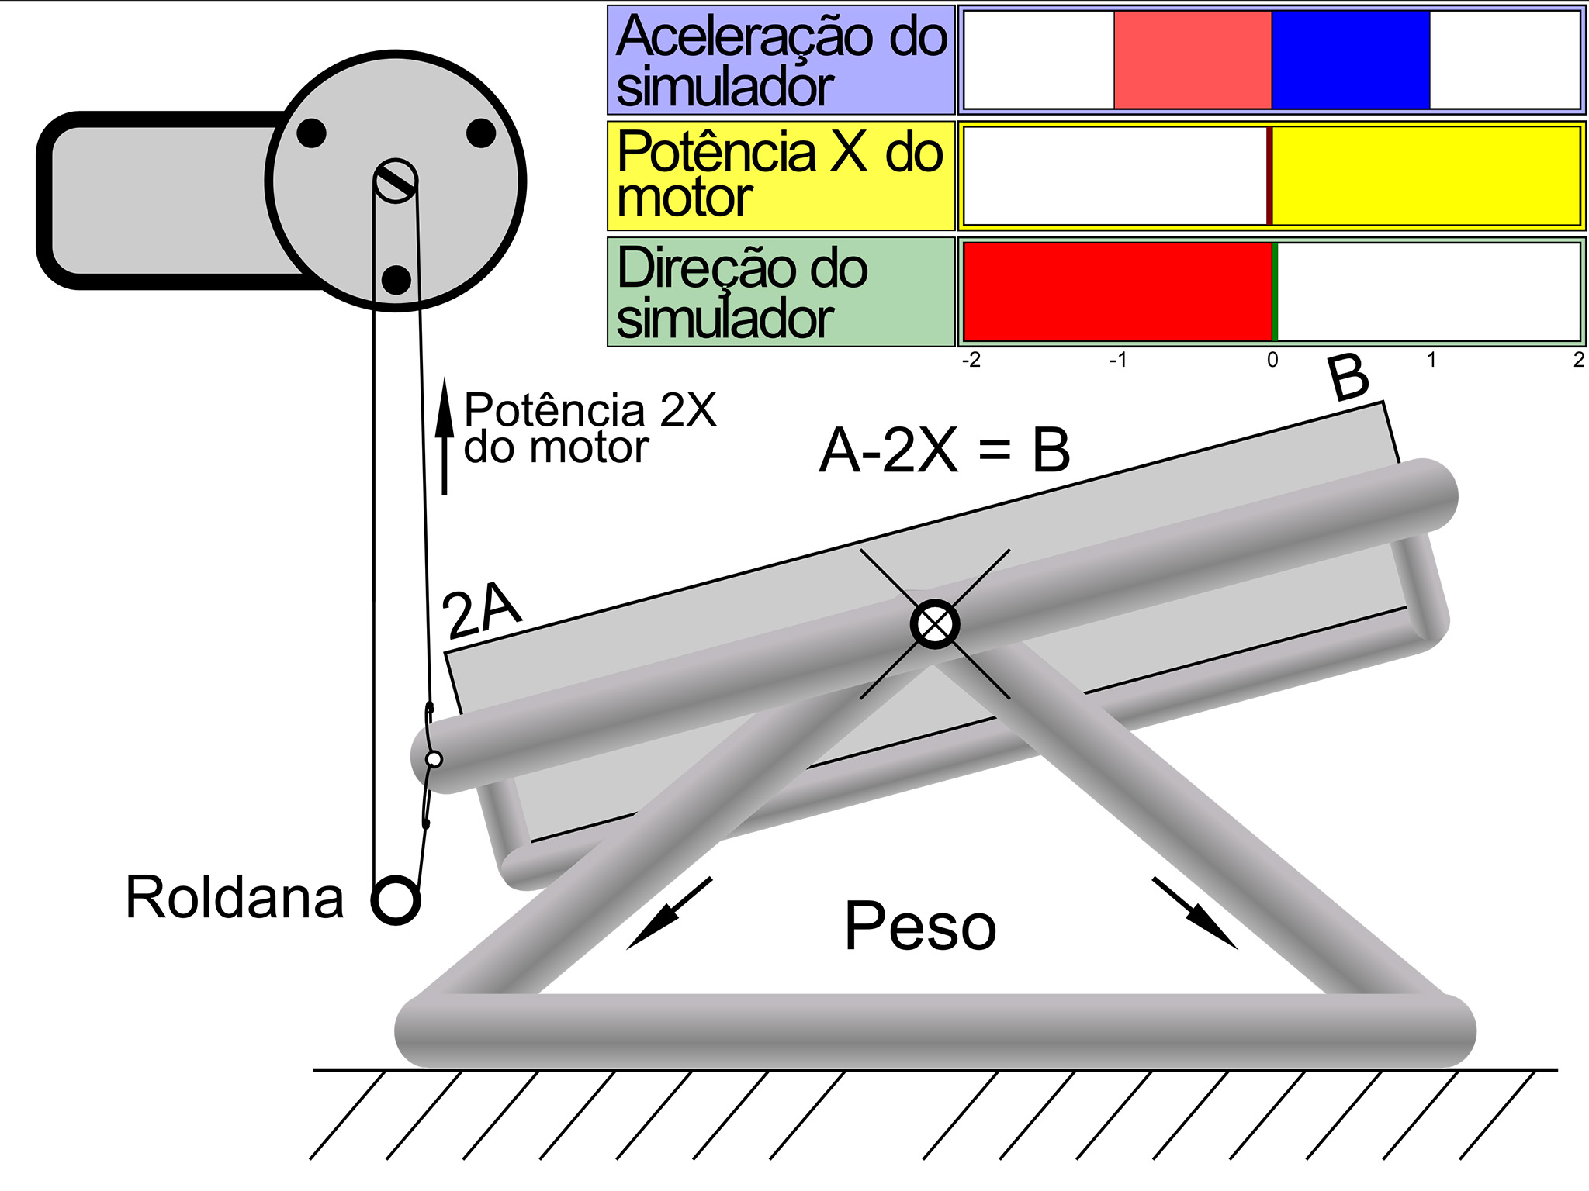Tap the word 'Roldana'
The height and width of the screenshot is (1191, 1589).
(234, 898)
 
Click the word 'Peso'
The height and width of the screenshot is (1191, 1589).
(920, 926)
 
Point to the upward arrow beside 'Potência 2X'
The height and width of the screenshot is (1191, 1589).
(445, 436)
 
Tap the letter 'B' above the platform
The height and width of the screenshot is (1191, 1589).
(1348, 378)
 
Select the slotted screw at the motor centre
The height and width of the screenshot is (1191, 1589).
(396, 181)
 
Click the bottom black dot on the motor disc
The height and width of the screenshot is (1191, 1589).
(396, 280)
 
